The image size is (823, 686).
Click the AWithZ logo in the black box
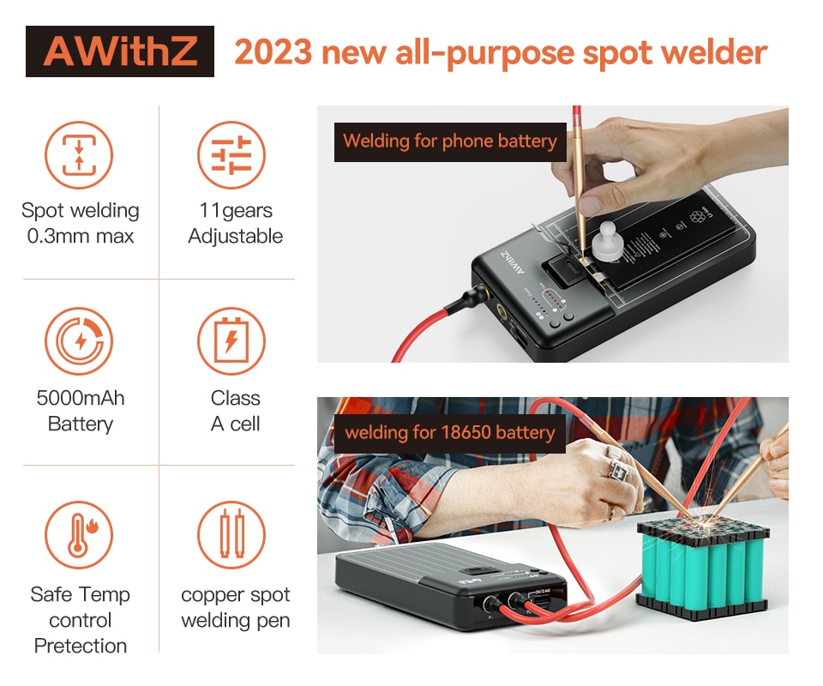[x=120, y=51]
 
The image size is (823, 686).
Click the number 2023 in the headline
[x=273, y=52]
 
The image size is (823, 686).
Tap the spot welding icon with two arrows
[x=79, y=155]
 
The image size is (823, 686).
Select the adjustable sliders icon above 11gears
[x=231, y=155]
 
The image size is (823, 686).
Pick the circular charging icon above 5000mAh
[x=79, y=340]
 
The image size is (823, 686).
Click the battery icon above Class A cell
[x=231, y=340]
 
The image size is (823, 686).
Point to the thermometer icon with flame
[x=79, y=535]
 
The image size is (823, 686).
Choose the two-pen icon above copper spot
[x=231, y=535]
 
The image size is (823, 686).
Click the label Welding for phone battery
[x=450, y=141]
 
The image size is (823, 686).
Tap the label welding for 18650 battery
[x=450, y=434]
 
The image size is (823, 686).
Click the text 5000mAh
[x=81, y=399]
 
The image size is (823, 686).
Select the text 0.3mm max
[x=81, y=236]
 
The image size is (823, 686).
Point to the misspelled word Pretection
[x=81, y=646]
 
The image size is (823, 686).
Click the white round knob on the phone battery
[x=607, y=242]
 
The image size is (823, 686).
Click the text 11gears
[x=236, y=211]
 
